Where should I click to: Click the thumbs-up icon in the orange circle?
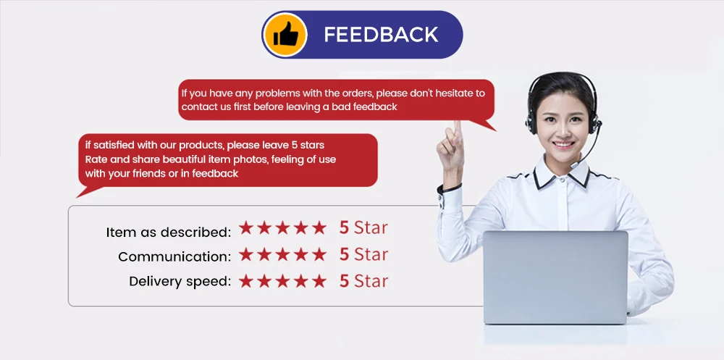pos(286,35)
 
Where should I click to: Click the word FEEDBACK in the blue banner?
pos(381,35)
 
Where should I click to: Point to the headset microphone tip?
pos(573,165)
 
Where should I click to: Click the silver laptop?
pos(555,277)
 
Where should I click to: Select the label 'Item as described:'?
pos(169,232)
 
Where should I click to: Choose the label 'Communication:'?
pos(174,256)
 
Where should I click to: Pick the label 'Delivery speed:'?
pos(180,281)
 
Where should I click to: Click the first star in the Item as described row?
pos(246,227)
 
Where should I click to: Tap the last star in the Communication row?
pos(319,254)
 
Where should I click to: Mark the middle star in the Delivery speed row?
pos(282,281)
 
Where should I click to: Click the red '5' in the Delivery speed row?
pos(344,282)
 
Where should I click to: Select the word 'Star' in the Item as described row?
pos(371,228)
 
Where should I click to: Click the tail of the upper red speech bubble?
pos(485,125)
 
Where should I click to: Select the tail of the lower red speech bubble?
pos(88,191)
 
